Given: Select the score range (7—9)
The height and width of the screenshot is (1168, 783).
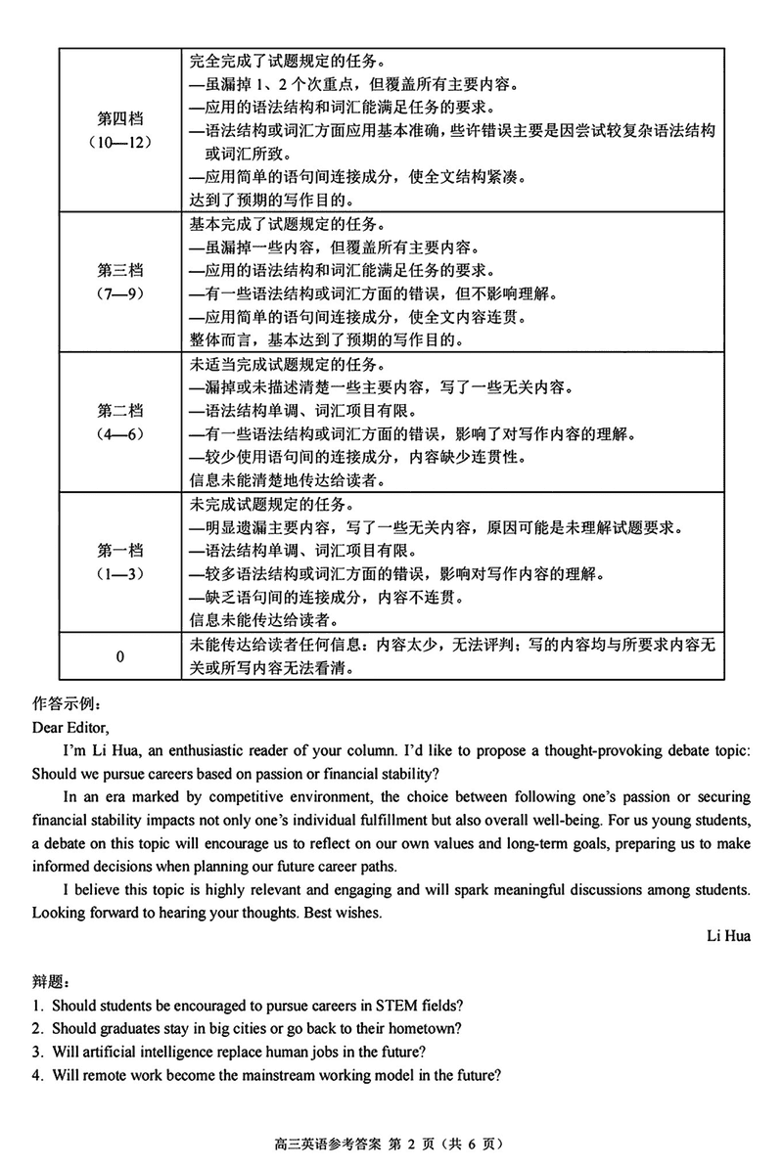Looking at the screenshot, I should click(119, 292).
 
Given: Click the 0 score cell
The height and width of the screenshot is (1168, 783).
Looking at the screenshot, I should click(119, 656).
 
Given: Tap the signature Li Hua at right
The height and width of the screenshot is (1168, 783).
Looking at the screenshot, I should click(728, 936).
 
